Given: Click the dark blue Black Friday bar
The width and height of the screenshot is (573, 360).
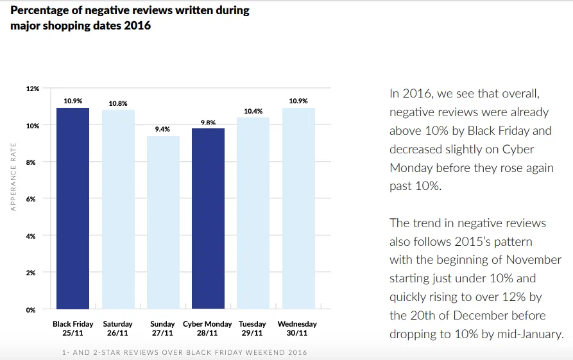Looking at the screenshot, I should tap(73, 209).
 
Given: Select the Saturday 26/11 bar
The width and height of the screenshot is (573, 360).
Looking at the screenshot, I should tap(118, 209).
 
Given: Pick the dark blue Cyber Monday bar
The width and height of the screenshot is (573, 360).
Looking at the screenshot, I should tap(208, 218).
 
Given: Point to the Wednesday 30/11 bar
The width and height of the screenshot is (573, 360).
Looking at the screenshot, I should tap(298, 209).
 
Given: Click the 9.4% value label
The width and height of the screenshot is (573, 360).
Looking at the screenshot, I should tap(163, 129).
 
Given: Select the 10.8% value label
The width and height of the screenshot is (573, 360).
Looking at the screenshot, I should tap(118, 103).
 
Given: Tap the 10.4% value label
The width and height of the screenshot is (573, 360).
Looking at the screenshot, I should tap(253, 111).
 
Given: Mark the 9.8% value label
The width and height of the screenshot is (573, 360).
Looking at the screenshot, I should tap(208, 122).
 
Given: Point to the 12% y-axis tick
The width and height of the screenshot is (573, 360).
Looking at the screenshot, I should tap(33, 89).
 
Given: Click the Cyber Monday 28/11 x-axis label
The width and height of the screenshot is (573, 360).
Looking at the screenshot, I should tap(208, 329).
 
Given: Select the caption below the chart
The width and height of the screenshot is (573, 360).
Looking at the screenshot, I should tap(185, 352).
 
